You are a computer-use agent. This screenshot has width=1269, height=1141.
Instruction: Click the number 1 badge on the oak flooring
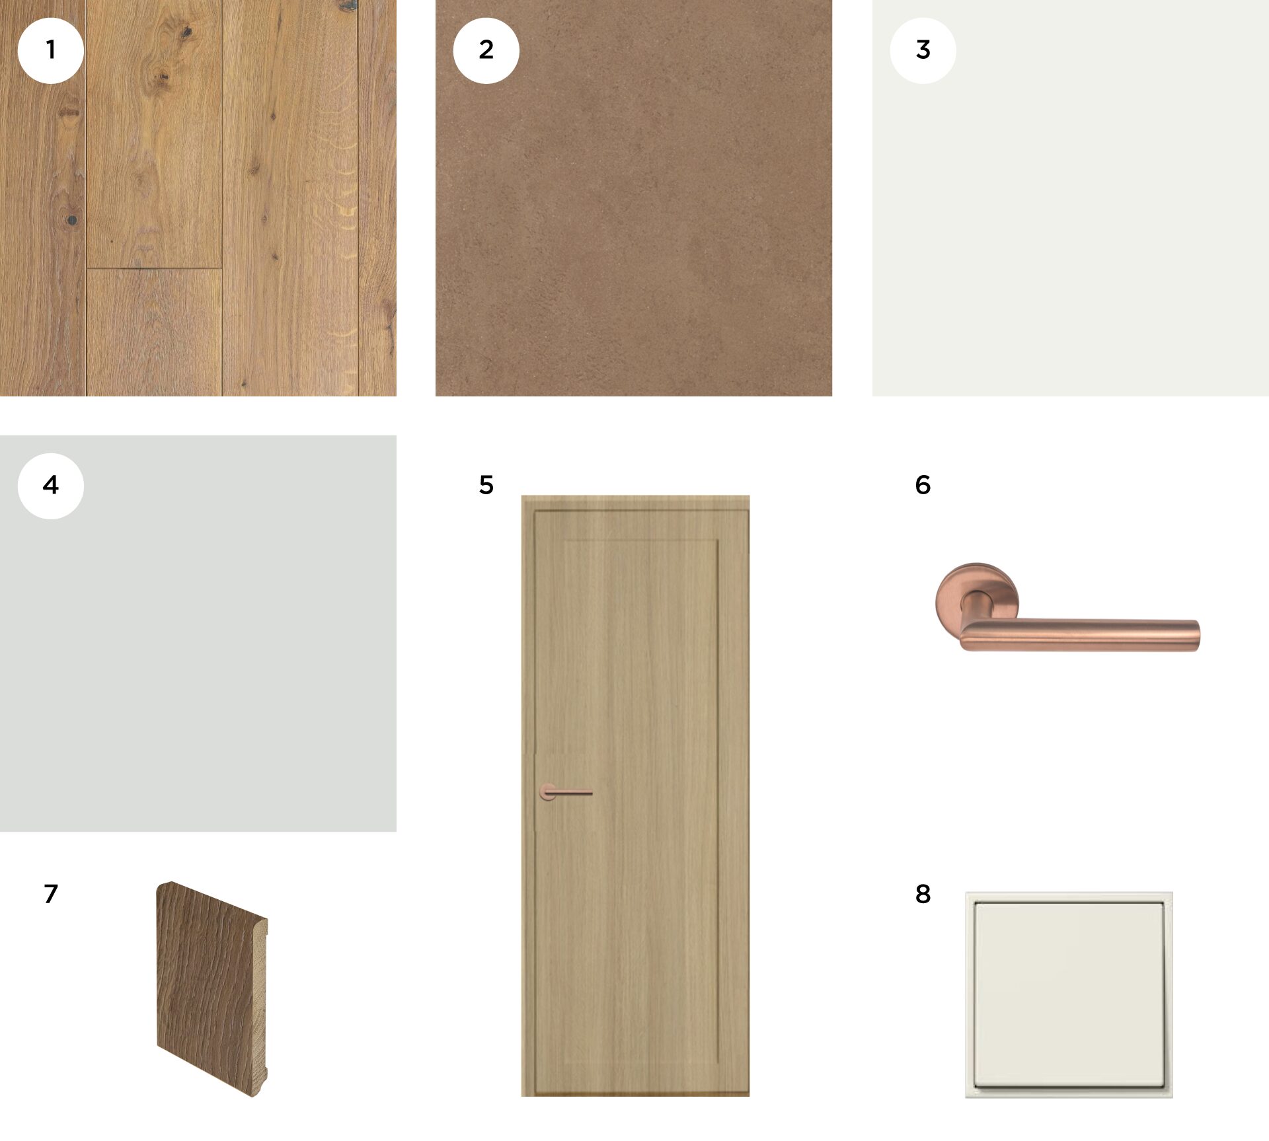(x=50, y=50)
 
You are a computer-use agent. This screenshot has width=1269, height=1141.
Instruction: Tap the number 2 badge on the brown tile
(x=486, y=50)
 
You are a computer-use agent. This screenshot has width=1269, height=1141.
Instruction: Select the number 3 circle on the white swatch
(x=923, y=50)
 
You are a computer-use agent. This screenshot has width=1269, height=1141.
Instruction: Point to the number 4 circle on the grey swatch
(x=50, y=486)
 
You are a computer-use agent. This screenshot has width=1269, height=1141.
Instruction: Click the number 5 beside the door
(x=486, y=485)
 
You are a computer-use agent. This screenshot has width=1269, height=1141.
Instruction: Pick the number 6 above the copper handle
(x=923, y=485)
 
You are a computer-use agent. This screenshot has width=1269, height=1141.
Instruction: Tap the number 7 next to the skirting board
(x=51, y=893)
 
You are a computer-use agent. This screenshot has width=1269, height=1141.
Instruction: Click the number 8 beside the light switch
(x=923, y=894)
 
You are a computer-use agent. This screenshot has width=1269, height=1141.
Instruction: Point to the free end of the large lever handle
(x=1197, y=636)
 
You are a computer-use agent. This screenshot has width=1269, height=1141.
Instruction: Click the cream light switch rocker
(x=1069, y=995)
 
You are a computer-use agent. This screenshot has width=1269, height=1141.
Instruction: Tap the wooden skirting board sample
(x=211, y=989)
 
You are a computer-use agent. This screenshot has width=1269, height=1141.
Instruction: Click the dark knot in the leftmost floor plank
(x=71, y=219)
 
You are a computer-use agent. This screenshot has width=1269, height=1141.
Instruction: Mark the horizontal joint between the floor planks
(x=153, y=268)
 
